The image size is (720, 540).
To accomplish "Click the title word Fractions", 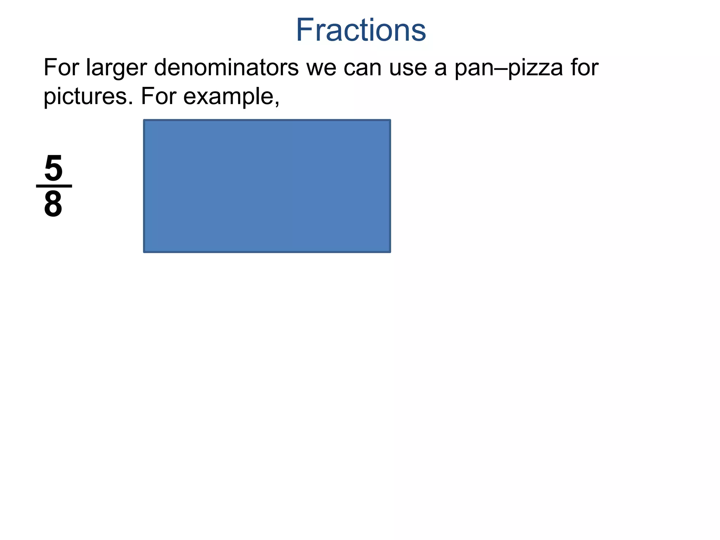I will click(361, 30).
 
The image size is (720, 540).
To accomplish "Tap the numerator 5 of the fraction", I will click(53, 169).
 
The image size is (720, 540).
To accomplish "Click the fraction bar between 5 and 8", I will click(54, 186).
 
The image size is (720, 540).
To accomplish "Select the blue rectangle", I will click(267, 186).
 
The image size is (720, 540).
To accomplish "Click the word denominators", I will click(226, 67).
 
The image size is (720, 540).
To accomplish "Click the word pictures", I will click(85, 97).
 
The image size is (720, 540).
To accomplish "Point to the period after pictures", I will click(130, 103).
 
